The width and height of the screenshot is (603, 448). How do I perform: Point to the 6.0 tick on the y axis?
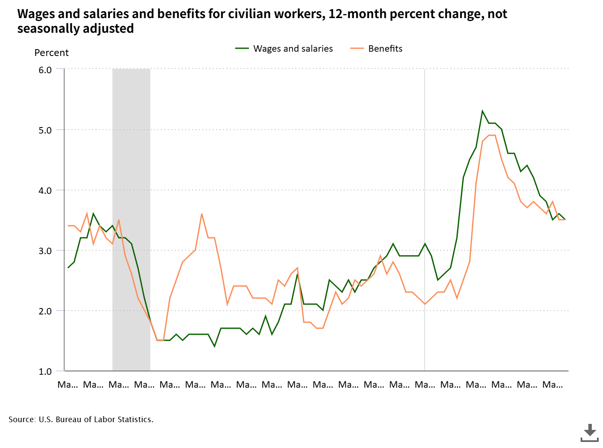click(45, 70)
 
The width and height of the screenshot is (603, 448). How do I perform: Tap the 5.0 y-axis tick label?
click(45, 130)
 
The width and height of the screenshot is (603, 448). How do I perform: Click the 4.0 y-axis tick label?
click(45, 190)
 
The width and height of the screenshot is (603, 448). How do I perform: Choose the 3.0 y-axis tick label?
click(45, 251)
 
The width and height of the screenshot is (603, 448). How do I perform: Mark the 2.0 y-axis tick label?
click(45, 311)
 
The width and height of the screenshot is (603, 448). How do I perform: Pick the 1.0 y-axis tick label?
click(45, 371)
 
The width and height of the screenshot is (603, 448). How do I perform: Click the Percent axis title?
click(51, 53)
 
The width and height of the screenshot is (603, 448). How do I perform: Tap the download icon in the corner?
click(590, 432)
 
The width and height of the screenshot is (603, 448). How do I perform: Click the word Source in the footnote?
click(22, 420)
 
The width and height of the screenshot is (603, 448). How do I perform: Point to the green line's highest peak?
click(482, 111)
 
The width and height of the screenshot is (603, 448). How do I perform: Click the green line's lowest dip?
click(214, 346)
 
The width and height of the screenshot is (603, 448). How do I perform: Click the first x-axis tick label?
click(68, 385)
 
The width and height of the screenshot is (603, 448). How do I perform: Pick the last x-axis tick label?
click(552, 385)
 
